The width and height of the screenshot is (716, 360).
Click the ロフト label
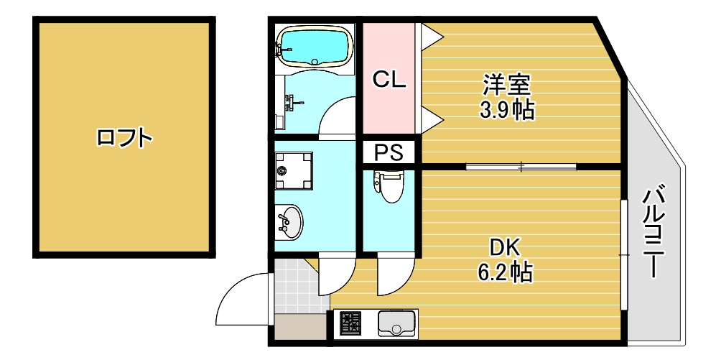tap(124, 137)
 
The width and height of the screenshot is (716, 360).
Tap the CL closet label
tap(389, 80)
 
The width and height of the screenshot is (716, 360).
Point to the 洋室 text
tap(506, 86)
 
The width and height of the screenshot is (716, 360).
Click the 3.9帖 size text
tap(506, 110)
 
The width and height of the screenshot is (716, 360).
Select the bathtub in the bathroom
tap(315, 47)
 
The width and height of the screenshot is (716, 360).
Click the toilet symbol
tap(390, 185)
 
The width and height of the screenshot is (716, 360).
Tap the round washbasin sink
tap(290, 221)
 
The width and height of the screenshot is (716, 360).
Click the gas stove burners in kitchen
tap(350, 323)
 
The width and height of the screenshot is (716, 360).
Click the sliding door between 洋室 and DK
tap(521, 167)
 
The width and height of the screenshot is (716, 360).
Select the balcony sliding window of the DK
tap(625, 255)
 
